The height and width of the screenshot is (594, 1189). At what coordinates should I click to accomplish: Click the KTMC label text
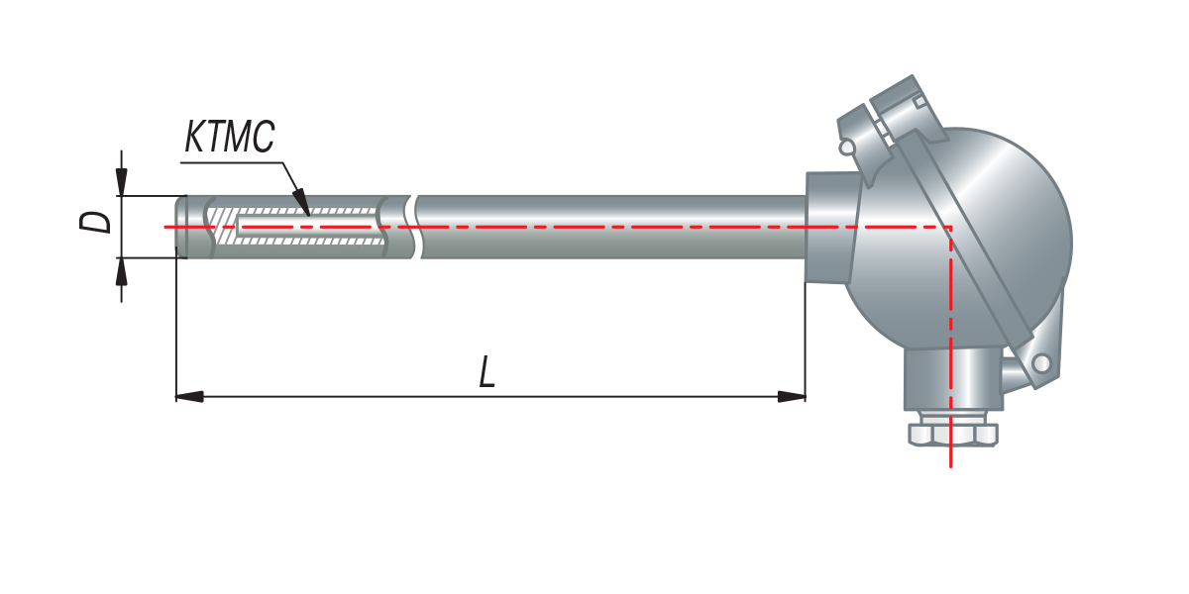pyautogui.click(x=230, y=137)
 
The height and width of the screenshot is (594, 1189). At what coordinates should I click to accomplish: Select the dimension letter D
pyautogui.click(x=95, y=222)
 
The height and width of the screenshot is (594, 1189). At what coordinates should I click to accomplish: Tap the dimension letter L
pyautogui.click(x=486, y=372)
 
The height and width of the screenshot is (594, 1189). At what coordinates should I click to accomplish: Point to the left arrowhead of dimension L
pyautogui.click(x=189, y=396)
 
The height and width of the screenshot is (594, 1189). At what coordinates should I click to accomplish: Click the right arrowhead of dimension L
pyautogui.click(x=792, y=396)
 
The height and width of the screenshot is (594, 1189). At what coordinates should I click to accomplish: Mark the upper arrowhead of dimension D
pyautogui.click(x=122, y=182)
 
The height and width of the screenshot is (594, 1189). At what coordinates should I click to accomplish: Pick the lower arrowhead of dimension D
pyautogui.click(x=122, y=271)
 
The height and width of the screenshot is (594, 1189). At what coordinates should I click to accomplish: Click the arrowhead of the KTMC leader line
pyautogui.click(x=302, y=202)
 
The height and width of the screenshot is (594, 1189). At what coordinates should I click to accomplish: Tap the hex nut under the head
pyautogui.click(x=953, y=435)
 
